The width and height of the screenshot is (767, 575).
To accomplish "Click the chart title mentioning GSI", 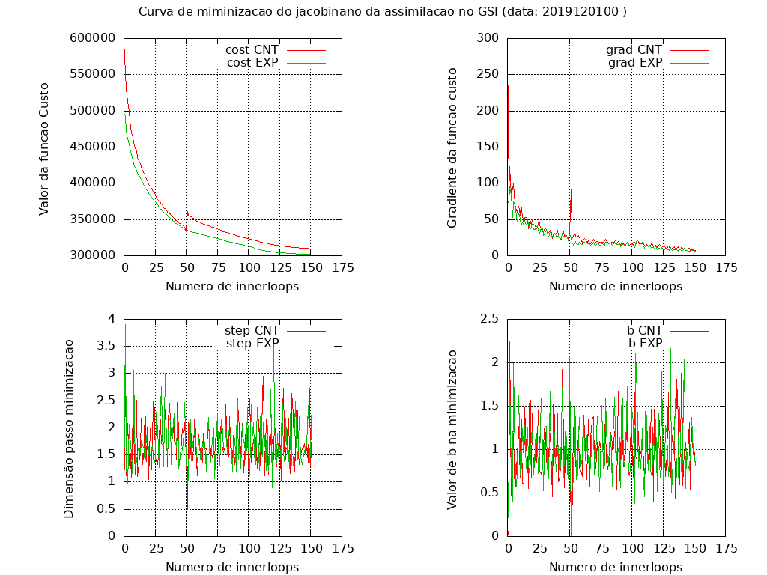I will [383, 12].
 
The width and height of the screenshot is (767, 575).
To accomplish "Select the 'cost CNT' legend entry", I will [252, 49].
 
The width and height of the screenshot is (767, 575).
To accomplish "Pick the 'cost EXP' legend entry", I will [252, 63].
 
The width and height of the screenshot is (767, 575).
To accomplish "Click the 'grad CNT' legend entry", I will [634, 49].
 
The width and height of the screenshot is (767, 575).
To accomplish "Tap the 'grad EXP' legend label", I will [635, 63].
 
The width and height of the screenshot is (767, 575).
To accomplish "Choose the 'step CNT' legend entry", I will [252, 330].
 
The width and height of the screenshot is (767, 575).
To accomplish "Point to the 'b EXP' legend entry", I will [645, 344].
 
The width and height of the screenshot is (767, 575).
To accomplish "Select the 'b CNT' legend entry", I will [644, 330].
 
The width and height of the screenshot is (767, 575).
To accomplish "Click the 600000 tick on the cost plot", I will [92, 38].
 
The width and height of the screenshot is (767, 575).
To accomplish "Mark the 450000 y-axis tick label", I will [92, 147].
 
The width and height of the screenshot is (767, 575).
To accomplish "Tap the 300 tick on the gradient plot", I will [487, 38].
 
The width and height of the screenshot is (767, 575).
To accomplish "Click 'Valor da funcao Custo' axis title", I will [44, 147].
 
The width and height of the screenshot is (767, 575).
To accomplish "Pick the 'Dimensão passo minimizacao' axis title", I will [68, 428].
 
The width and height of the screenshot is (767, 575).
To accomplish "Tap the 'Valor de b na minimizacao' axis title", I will [452, 428].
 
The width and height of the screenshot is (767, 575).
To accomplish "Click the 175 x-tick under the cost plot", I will [342, 267].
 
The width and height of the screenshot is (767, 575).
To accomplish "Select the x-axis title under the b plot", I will [616, 567].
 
